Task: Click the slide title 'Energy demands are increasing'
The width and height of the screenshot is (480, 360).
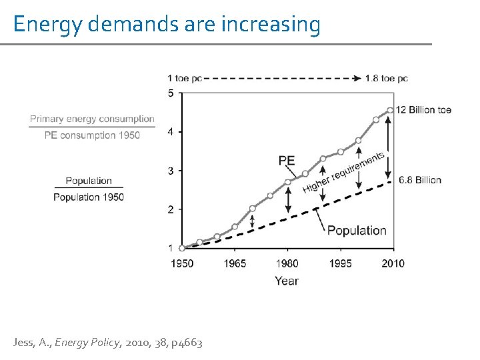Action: coord(167,24)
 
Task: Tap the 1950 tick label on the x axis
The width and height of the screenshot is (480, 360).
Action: coord(182,263)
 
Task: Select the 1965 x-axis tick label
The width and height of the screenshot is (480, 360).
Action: coord(235,263)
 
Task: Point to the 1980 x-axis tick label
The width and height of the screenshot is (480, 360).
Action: coord(287,263)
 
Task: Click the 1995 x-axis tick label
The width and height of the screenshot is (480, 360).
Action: coord(341,263)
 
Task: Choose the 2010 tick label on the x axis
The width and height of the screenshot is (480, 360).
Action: coord(393,263)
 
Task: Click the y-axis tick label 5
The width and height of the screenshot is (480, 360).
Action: coord(171,93)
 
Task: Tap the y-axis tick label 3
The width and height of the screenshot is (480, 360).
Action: coord(171,171)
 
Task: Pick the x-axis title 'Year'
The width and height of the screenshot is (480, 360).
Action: coord(287,281)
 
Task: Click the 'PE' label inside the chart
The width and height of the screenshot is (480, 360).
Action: coord(287,160)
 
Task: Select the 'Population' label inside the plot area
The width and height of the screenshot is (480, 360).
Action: coord(357,231)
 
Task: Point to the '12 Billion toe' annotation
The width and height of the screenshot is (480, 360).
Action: coord(423,109)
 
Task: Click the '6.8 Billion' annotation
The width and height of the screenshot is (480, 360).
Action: coord(420,180)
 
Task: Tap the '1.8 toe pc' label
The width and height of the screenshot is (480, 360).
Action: coord(387,78)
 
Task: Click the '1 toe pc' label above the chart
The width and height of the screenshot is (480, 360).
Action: coord(185,78)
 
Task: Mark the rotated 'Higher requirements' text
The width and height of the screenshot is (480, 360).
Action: coord(344,172)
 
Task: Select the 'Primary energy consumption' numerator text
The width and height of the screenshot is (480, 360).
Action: coord(92,119)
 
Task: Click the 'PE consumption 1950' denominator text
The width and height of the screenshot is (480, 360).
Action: coord(92,135)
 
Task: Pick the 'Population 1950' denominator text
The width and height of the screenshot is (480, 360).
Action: coord(89,197)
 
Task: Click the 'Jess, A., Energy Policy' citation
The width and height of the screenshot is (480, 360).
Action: coord(107,343)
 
